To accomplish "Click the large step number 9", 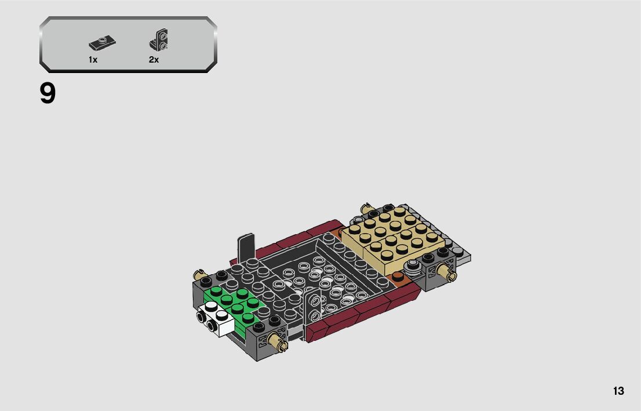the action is point(48,94).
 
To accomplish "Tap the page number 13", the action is point(618,391).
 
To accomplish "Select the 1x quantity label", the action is point(93,60).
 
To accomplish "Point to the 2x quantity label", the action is point(154,60).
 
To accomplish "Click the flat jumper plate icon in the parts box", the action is point(102,43).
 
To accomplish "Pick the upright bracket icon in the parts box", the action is point(159,39).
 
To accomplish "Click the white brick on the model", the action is point(215,318).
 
